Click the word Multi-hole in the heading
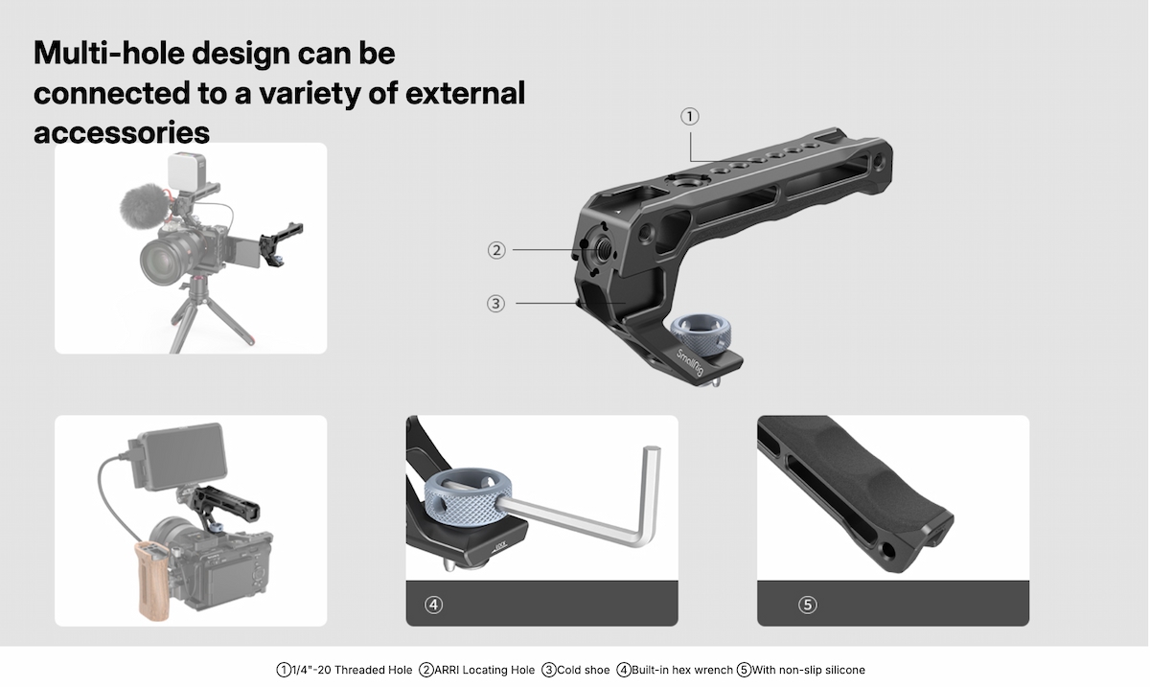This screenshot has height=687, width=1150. pyautogui.click(x=109, y=53)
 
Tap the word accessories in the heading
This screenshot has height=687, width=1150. pyautogui.click(x=122, y=132)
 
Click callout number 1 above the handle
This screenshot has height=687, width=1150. pyautogui.click(x=689, y=117)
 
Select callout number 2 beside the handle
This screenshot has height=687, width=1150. pyautogui.click(x=496, y=250)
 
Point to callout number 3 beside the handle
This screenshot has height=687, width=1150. pyautogui.click(x=495, y=304)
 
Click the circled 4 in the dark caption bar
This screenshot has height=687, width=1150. pyautogui.click(x=433, y=605)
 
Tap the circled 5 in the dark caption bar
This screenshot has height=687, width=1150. pyautogui.click(x=807, y=605)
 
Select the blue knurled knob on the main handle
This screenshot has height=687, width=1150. pyautogui.click(x=701, y=335)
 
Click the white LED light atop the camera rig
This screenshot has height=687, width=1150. pyautogui.click(x=186, y=171)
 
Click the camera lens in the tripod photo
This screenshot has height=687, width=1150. pyautogui.click(x=164, y=261)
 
